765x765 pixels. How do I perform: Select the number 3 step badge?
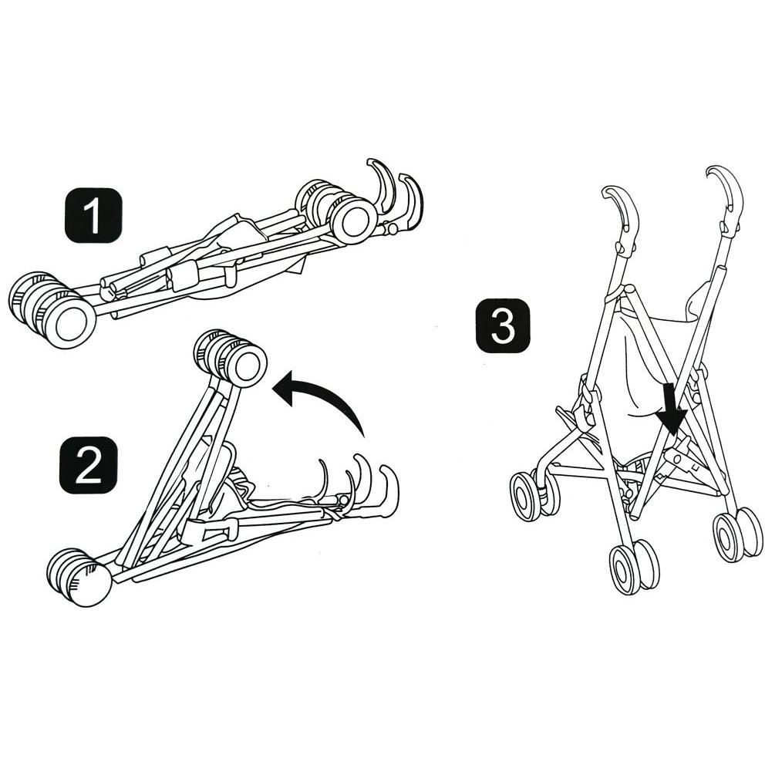point(502,327)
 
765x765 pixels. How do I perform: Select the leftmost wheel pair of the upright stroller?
point(532,494)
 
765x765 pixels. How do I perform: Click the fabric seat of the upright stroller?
point(648,362)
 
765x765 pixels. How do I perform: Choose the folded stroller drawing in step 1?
point(216,254)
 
